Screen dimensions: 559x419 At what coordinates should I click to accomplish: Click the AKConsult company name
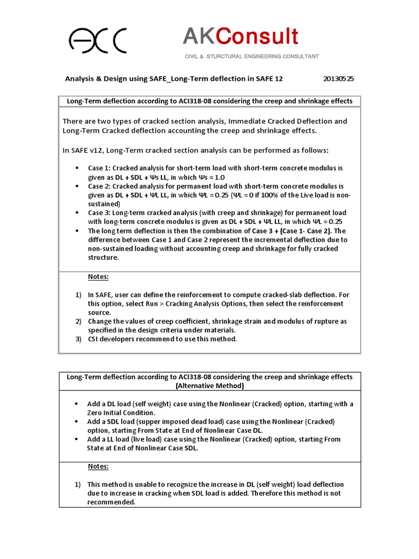point(240,37)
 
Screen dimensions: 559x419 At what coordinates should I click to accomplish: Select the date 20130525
point(339,79)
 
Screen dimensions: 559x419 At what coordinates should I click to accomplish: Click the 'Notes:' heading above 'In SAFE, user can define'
point(98,277)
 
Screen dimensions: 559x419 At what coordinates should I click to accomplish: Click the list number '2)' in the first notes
point(78,321)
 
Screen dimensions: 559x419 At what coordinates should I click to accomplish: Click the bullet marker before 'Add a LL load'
point(77,439)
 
